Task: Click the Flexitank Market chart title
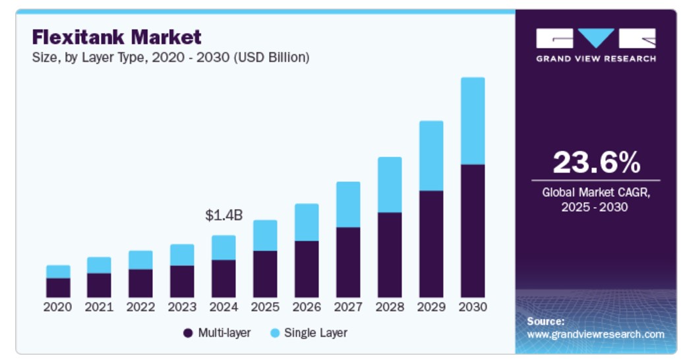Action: (x=117, y=37)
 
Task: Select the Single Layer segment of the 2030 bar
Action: (x=473, y=121)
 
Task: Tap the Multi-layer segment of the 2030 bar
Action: (x=473, y=231)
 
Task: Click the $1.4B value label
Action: (x=224, y=215)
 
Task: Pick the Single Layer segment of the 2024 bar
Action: (x=223, y=247)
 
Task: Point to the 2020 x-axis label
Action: (x=58, y=307)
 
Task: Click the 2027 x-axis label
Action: (x=348, y=307)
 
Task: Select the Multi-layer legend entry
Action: (x=217, y=333)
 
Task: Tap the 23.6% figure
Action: (x=596, y=162)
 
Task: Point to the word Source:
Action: (x=546, y=321)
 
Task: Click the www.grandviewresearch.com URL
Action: (x=595, y=334)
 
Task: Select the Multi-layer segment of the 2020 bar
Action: (x=58, y=287)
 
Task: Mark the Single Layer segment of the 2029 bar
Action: (x=431, y=156)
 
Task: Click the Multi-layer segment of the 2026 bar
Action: (x=307, y=269)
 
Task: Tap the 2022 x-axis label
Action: (x=141, y=307)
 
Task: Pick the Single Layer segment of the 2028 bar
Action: (x=390, y=185)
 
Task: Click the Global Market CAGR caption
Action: (x=596, y=200)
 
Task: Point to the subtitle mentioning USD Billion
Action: (x=171, y=57)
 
